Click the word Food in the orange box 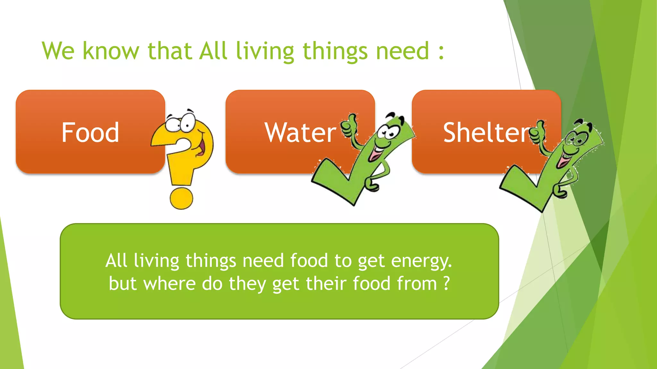[x=90, y=132]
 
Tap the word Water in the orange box [x=300, y=132]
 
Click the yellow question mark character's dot [x=181, y=198]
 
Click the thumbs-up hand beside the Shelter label [x=538, y=131]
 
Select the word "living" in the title [x=265, y=51]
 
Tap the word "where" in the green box [x=169, y=283]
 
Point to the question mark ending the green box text [x=446, y=283]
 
